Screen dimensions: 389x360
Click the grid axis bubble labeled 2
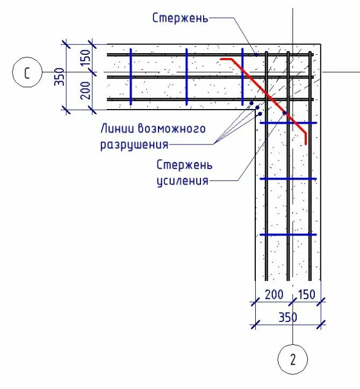[292, 359]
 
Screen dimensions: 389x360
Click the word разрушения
[134, 145]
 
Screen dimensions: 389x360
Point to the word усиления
[182, 181]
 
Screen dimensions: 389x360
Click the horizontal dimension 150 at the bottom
[306, 294]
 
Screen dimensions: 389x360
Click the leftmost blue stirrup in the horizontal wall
[131, 76]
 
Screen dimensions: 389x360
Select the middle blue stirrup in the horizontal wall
[186, 76]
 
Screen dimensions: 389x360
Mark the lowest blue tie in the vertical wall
[288, 234]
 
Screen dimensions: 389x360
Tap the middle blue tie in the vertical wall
[288, 179]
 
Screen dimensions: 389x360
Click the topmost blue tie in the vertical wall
[288, 123]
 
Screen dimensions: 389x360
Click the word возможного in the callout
[172, 129]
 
